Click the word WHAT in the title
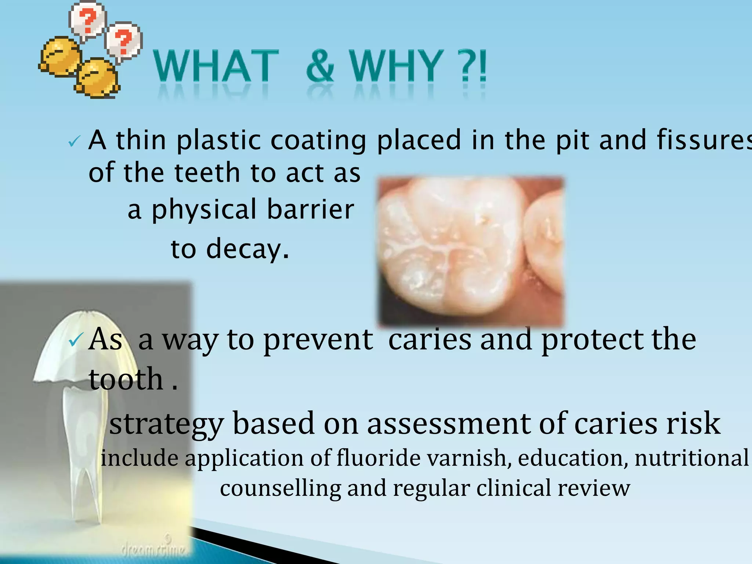tap(216, 66)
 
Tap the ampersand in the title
tap(320, 66)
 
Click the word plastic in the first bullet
tap(219, 141)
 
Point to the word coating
tap(318, 141)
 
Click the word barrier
tap(310, 209)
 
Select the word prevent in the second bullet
tap(318, 340)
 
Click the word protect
tap(592, 340)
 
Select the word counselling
tap(281, 489)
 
